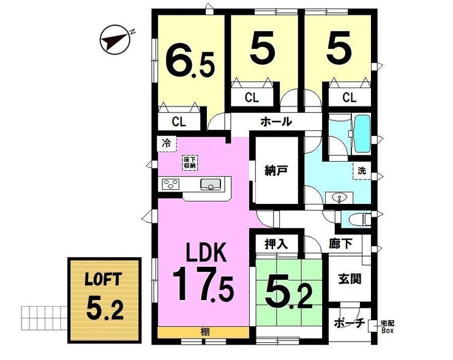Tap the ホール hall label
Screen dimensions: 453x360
click(x=276, y=122)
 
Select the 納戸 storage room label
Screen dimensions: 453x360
click(x=276, y=170)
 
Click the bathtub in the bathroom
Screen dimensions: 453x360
click(x=362, y=134)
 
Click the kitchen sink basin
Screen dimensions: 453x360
click(x=211, y=185)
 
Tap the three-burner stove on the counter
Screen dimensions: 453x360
click(x=171, y=184)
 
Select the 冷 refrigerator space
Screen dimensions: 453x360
click(x=167, y=144)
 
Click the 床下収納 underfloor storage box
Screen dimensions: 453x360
click(x=190, y=163)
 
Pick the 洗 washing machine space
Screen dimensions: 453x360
click(x=362, y=171)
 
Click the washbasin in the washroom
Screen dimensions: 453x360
click(x=339, y=198)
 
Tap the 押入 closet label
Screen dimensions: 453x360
click(x=277, y=244)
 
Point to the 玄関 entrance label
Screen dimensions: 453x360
click(x=350, y=279)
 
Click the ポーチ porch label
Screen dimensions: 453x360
click(x=350, y=323)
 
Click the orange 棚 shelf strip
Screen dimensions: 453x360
click(x=203, y=332)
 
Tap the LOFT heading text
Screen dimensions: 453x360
click(x=103, y=279)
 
